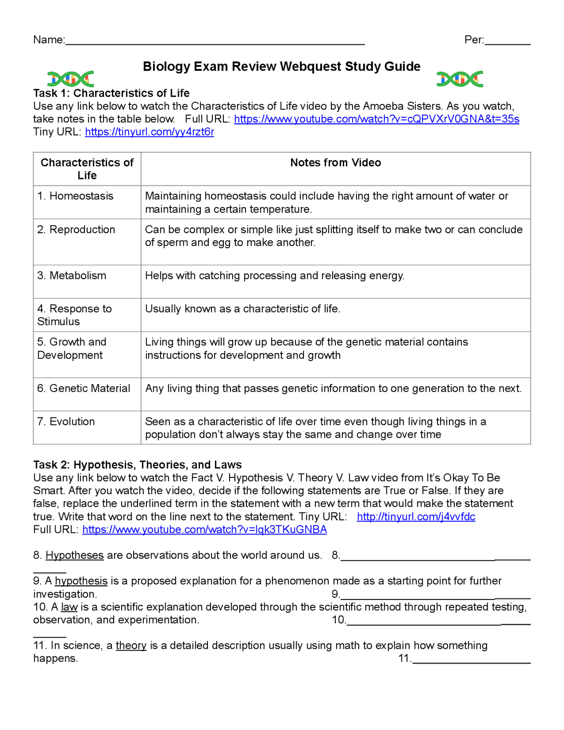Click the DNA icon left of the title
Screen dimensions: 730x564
pyautogui.click(x=70, y=79)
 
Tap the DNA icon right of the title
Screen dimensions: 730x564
pyautogui.click(x=460, y=79)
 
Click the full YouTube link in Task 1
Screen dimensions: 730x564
pyautogui.click(x=376, y=119)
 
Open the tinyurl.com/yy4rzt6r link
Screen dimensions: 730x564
pyautogui.click(x=149, y=132)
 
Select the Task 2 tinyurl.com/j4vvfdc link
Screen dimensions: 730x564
pyautogui.click(x=416, y=516)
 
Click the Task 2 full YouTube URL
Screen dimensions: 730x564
pyautogui.click(x=204, y=529)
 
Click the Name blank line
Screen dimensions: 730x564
pyautogui.click(x=215, y=41)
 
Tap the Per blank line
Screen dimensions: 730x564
pyautogui.click(x=507, y=41)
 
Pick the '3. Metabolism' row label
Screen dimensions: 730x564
pyautogui.click(x=72, y=276)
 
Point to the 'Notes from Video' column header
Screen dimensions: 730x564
pyautogui.click(x=335, y=163)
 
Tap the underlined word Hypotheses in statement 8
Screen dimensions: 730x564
pyautogui.click(x=74, y=555)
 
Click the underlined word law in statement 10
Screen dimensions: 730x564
pyautogui.click(x=69, y=607)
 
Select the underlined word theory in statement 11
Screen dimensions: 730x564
pyautogui.click(x=131, y=645)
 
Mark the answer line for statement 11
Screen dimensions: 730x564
pyautogui.click(x=471, y=659)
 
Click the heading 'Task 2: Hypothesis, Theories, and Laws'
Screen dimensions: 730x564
pyautogui.click(x=137, y=465)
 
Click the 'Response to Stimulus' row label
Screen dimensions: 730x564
pyautogui.click(x=74, y=315)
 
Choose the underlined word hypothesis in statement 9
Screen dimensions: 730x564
pyautogui.click(x=81, y=581)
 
